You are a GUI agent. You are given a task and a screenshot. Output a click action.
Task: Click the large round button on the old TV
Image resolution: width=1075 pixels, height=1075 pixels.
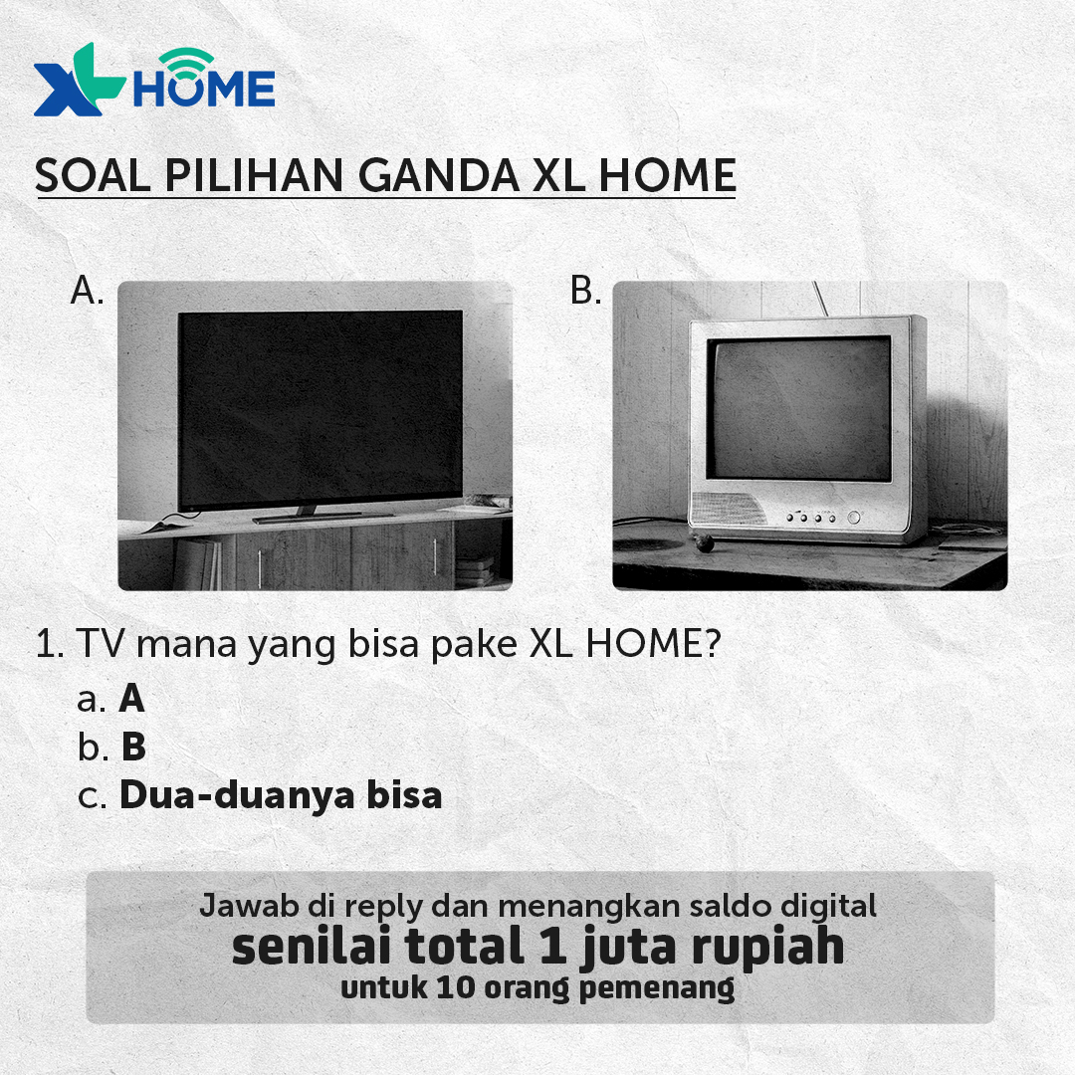coord(853,518)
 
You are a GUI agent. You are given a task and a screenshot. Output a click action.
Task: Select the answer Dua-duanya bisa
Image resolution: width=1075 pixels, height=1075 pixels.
coord(281,796)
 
